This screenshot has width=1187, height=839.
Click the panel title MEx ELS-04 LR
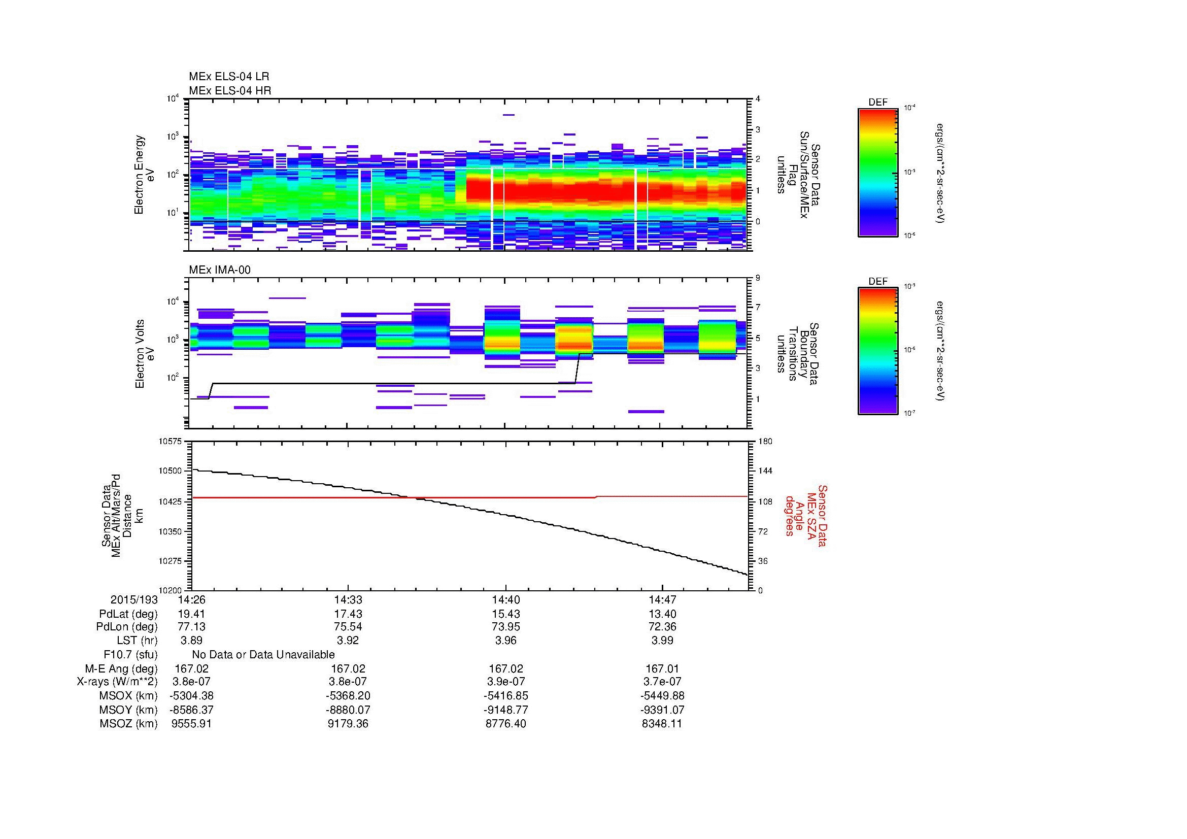(228, 77)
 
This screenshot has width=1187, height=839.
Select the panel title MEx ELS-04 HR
(229, 90)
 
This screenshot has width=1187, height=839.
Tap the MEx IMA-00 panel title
(219, 270)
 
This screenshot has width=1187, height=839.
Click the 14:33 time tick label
(348, 599)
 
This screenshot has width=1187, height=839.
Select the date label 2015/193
(134, 599)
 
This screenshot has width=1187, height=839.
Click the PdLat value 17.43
(348, 614)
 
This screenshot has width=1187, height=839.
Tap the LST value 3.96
(505, 641)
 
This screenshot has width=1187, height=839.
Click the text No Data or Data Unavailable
(263, 654)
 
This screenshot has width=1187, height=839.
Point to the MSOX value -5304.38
(191, 696)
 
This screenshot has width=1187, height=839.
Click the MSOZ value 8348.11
(662, 724)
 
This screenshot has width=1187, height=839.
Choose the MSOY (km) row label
(129, 710)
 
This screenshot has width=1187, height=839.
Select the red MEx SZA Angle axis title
(805, 515)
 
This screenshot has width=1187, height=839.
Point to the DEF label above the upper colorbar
(877, 103)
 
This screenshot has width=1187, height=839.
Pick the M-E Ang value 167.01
(662, 668)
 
